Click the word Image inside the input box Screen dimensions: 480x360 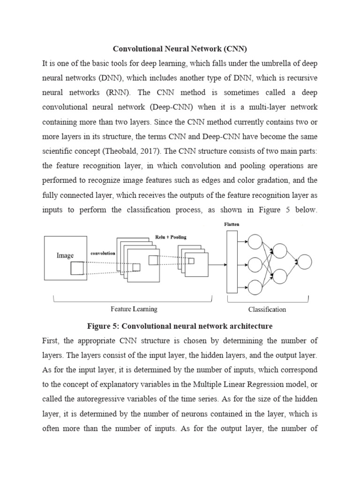[x=65, y=255]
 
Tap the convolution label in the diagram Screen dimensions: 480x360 [x=103, y=254]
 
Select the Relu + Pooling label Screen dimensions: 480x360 [x=171, y=237]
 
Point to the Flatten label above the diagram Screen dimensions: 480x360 [x=232, y=225]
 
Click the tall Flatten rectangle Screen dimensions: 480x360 [x=232, y=262]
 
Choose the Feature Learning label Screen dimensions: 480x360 [x=134, y=309]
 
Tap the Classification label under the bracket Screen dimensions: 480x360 [x=267, y=309]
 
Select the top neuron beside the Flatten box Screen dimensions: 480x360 [x=255, y=242]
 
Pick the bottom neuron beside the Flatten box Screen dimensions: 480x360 [x=255, y=287]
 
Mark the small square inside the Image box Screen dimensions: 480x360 [x=77, y=268]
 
